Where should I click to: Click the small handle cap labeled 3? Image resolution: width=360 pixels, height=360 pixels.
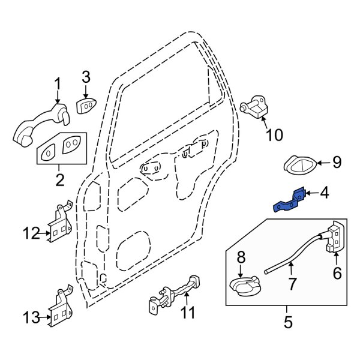click(85, 107)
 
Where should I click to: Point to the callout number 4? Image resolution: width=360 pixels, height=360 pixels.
click(325, 193)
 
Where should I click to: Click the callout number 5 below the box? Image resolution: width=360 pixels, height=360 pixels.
click(288, 323)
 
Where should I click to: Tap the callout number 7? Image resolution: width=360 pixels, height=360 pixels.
click(292, 284)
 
